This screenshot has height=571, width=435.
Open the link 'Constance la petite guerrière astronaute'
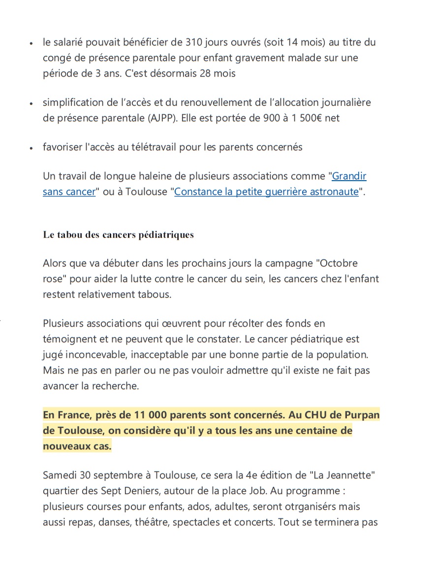tap(266, 191)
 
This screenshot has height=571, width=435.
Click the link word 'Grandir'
tap(349, 176)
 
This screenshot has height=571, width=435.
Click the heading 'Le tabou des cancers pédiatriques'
tap(118, 235)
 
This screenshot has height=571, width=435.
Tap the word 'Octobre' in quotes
tap(340, 263)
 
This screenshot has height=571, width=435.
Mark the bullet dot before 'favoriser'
tap(31, 148)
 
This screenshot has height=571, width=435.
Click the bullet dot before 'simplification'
tap(31, 103)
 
